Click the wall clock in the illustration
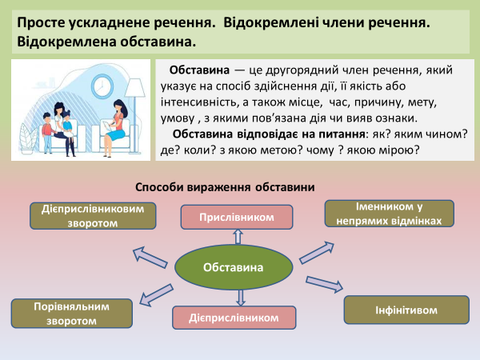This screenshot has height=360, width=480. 102,84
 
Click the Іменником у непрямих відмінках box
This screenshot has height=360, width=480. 390,213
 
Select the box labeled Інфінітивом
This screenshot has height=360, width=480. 393,309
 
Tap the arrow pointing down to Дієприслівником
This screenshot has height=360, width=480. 240,298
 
